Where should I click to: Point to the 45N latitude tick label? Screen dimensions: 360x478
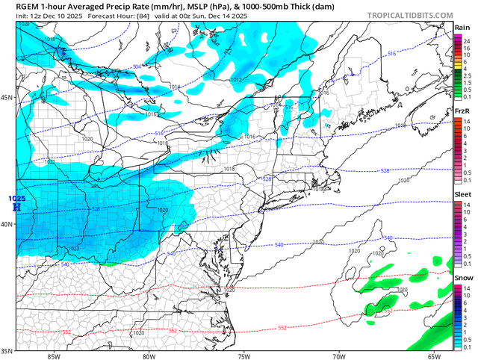coord(7,98)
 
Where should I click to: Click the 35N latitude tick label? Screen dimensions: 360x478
coord(7,350)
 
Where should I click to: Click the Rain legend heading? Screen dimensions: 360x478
coord(462,28)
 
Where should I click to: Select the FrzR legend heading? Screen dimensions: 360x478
coord(462,111)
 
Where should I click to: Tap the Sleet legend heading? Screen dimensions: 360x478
coord(462,194)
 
